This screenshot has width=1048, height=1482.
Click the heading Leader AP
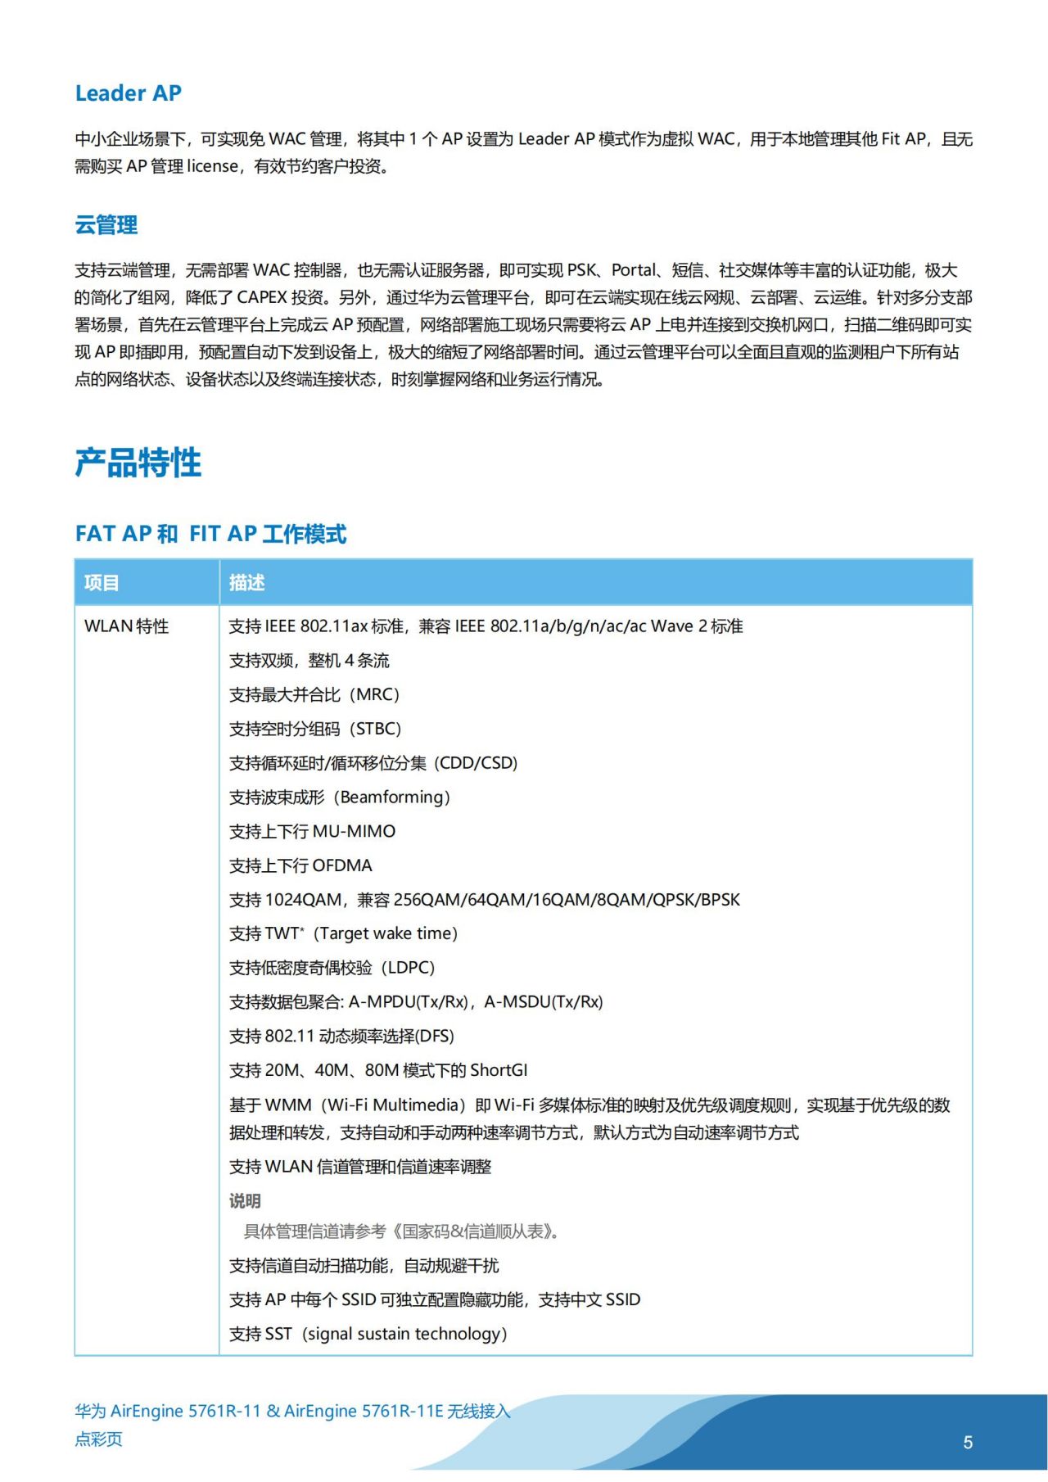click(x=128, y=93)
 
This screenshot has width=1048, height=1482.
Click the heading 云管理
click(x=106, y=225)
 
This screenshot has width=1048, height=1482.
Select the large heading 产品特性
click(x=138, y=463)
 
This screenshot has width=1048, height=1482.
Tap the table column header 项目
click(x=102, y=583)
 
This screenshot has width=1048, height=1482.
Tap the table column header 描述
click(x=246, y=583)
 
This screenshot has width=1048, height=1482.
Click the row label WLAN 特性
click(x=126, y=626)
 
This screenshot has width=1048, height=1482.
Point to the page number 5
click(x=968, y=1443)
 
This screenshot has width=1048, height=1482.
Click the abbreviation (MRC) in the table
click(x=374, y=695)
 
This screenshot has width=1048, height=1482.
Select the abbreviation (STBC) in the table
click(x=376, y=730)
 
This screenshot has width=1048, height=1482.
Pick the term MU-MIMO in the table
click(x=354, y=832)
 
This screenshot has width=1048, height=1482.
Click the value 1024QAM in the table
click(x=304, y=900)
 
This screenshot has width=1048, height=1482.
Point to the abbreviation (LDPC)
click(x=409, y=968)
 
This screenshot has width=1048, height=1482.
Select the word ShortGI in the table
click(x=499, y=1071)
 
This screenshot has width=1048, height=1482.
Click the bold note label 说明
click(x=245, y=1201)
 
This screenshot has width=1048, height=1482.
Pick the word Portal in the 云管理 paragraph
click(x=634, y=270)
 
